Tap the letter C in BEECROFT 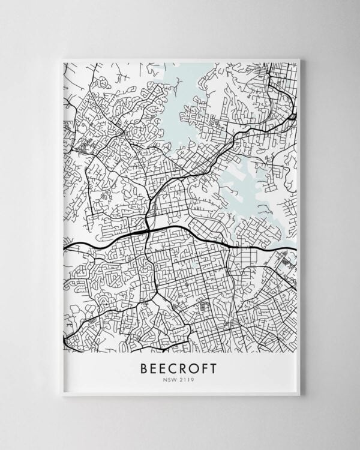point(172,368)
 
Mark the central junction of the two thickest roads point(147,230)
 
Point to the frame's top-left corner point(62,59)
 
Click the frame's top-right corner point(298,59)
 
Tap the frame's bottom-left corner point(62,395)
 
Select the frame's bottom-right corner point(298,395)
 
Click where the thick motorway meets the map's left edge point(65,245)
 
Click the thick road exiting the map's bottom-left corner point(67,336)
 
